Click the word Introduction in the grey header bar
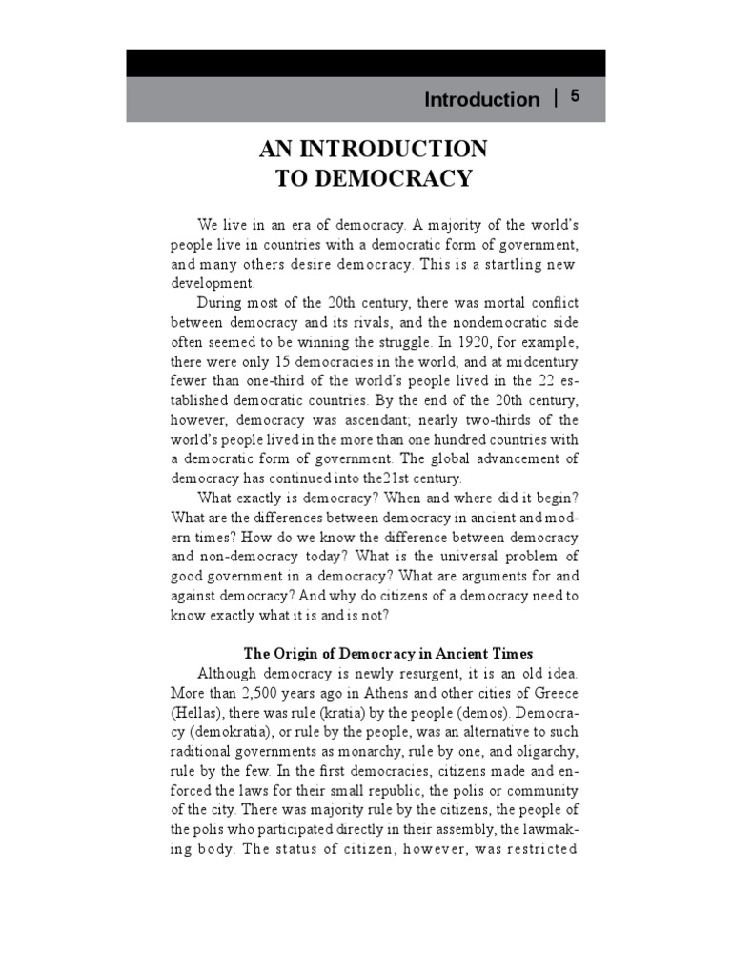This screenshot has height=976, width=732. point(481,100)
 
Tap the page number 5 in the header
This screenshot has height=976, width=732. point(575,96)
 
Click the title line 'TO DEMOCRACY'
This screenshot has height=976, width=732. point(374,178)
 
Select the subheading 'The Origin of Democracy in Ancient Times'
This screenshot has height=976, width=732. point(388,653)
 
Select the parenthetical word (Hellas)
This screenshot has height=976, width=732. point(199,712)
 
